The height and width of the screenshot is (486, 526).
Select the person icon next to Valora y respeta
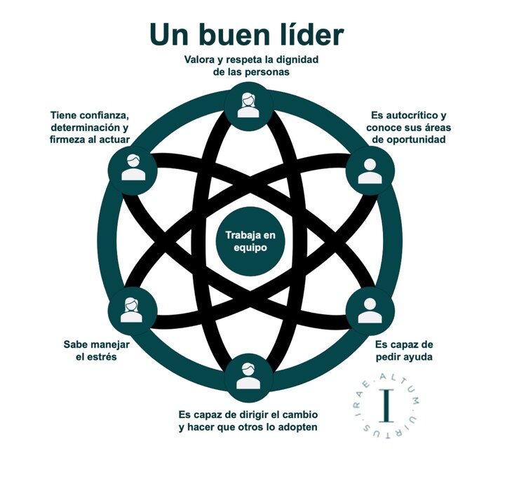pos(246,103)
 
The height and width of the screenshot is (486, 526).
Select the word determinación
pos(84,127)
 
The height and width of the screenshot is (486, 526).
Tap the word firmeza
pos(72,139)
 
